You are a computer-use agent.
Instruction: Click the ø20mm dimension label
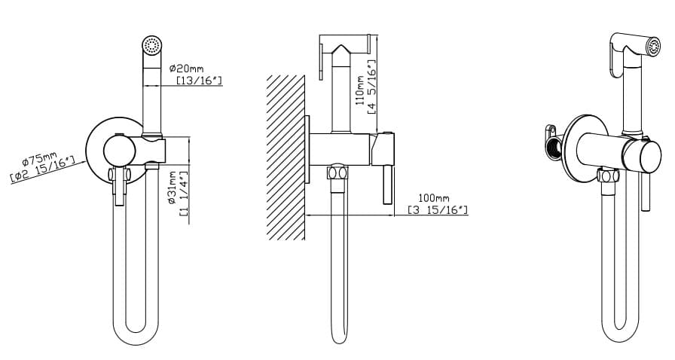186,69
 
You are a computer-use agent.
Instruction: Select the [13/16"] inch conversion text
200,80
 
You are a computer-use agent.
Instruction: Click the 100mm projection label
433,198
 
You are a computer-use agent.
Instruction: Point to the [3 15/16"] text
438,209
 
